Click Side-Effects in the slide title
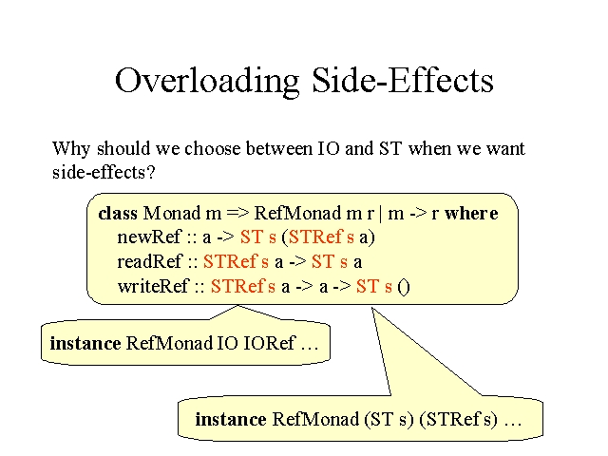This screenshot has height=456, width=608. click(x=403, y=80)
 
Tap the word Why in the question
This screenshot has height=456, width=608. click(x=71, y=149)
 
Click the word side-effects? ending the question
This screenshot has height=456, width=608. click(x=104, y=172)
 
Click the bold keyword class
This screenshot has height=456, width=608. click(x=118, y=213)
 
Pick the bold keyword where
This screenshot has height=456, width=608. click(x=471, y=213)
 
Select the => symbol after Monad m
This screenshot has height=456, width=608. click(x=237, y=213)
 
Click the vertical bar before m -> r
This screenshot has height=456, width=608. click(x=380, y=214)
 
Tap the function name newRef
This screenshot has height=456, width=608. click(x=149, y=237)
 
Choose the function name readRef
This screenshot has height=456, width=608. click(x=149, y=261)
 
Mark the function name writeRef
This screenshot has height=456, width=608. click(x=154, y=286)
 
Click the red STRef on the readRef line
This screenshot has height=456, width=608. click(x=231, y=261)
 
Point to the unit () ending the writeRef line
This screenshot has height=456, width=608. click(x=404, y=287)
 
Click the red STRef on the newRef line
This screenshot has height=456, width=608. click(x=316, y=237)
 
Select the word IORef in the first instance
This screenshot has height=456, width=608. click(x=269, y=343)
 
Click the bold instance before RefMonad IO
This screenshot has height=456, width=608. click(x=85, y=343)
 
